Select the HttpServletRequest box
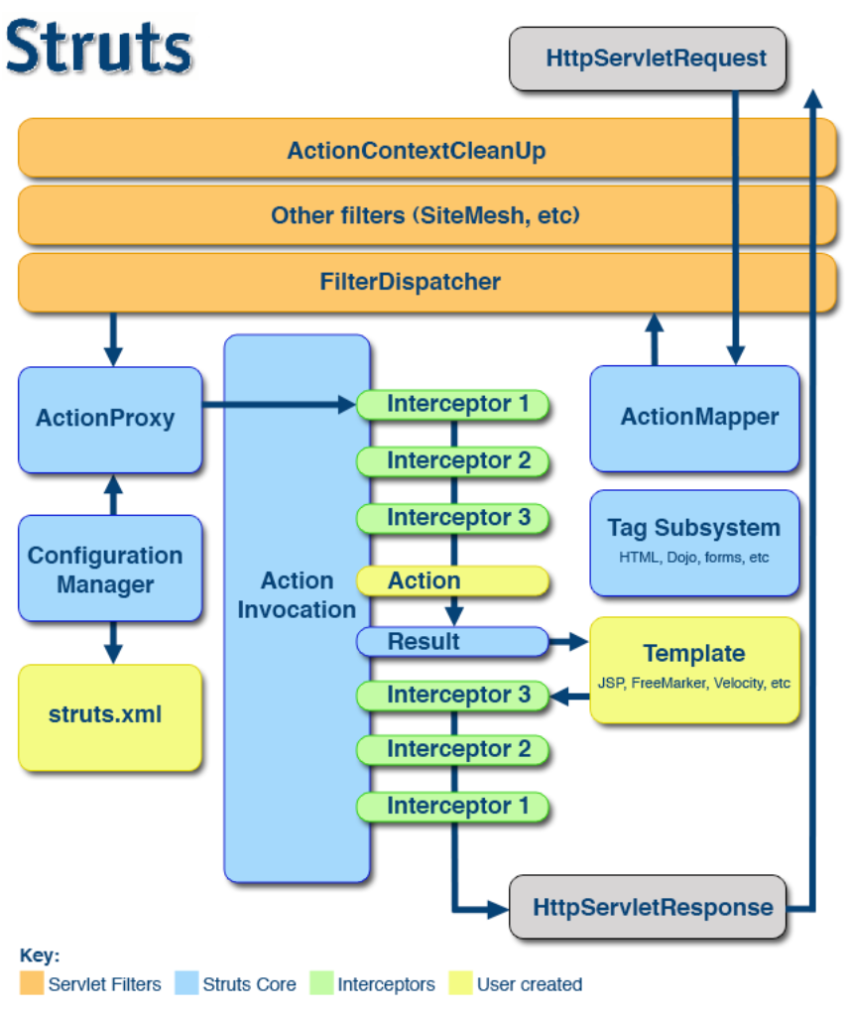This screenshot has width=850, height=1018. tap(648, 58)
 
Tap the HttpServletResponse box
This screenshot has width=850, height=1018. tap(648, 907)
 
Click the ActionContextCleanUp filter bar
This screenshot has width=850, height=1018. tap(416, 152)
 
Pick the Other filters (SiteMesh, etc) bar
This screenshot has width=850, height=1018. tap(416, 215)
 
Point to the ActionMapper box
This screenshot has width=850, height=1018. tap(694, 418)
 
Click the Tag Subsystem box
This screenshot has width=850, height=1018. tap(694, 542)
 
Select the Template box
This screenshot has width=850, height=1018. tap(694, 669)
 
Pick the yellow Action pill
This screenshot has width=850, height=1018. tap(452, 581)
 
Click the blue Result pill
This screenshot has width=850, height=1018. tap(452, 642)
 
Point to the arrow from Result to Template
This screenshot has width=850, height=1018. tap(569, 642)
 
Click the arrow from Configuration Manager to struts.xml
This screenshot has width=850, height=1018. tap(112, 642)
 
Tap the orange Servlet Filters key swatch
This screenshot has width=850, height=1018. tap(32, 984)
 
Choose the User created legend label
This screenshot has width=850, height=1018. tap(530, 984)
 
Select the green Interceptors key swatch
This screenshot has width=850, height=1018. tap(321, 984)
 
